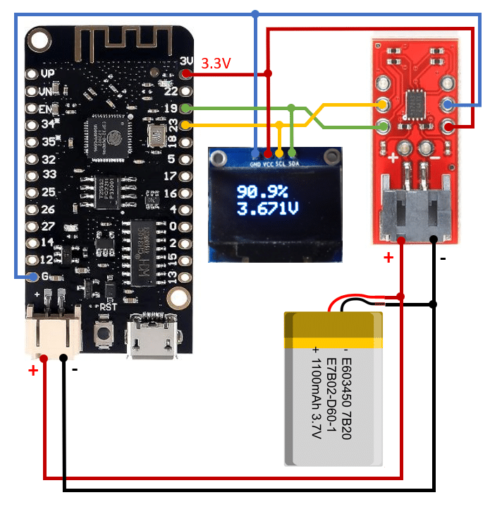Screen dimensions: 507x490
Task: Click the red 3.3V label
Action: pyautogui.click(x=216, y=64)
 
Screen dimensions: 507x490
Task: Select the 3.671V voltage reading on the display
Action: pyautogui.click(x=267, y=209)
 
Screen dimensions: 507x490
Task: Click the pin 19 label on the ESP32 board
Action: pyautogui.click(x=170, y=108)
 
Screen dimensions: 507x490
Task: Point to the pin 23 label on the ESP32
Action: pyautogui.click(x=170, y=125)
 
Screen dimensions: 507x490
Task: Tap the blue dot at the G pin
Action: pyautogui.click(x=32, y=277)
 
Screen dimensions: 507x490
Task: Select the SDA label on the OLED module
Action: pyautogui.click(x=293, y=162)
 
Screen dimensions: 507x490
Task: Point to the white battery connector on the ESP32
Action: pyautogui.click(x=54, y=330)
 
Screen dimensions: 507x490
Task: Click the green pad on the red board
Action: pyautogui.click(x=382, y=128)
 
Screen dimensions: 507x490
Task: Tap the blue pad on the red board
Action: pyautogui.click(x=448, y=105)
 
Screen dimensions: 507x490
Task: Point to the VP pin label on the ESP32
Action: pyautogui.click(x=48, y=73)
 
